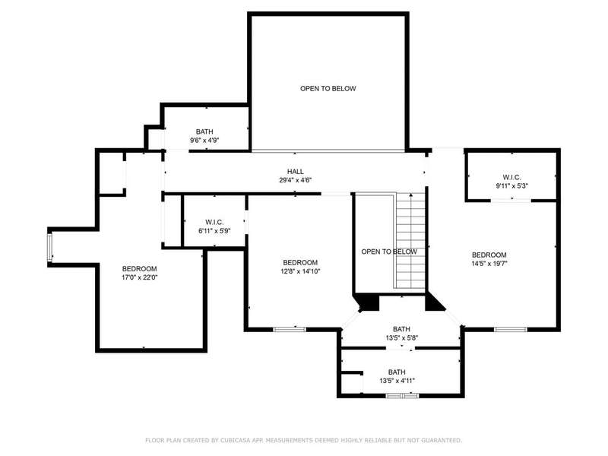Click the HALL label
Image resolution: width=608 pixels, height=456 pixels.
click(x=296, y=172)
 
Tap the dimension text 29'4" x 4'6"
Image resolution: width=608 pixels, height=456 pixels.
click(x=296, y=180)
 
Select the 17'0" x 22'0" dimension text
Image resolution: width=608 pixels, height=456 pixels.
click(x=140, y=277)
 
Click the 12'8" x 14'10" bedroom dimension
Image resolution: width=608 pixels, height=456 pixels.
click(x=300, y=271)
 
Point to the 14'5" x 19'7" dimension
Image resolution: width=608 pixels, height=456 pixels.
click(x=489, y=264)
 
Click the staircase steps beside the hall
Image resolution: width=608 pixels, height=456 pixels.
click(x=410, y=240)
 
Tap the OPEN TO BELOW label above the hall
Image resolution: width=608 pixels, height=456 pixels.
click(x=328, y=88)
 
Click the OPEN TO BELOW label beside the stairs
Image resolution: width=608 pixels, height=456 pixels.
click(x=389, y=252)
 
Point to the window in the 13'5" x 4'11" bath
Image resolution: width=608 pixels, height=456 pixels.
click(x=402, y=395)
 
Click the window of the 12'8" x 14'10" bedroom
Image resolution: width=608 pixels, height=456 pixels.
click(x=290, y=330)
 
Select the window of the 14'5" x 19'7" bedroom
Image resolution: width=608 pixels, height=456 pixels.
click(x=510, y=330)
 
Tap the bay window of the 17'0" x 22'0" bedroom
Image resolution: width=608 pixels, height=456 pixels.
click(x=49, y=246)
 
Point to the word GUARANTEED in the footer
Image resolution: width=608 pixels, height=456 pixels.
click(x=442, y=440)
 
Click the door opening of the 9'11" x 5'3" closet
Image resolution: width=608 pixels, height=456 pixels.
click(x=511, y=201)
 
